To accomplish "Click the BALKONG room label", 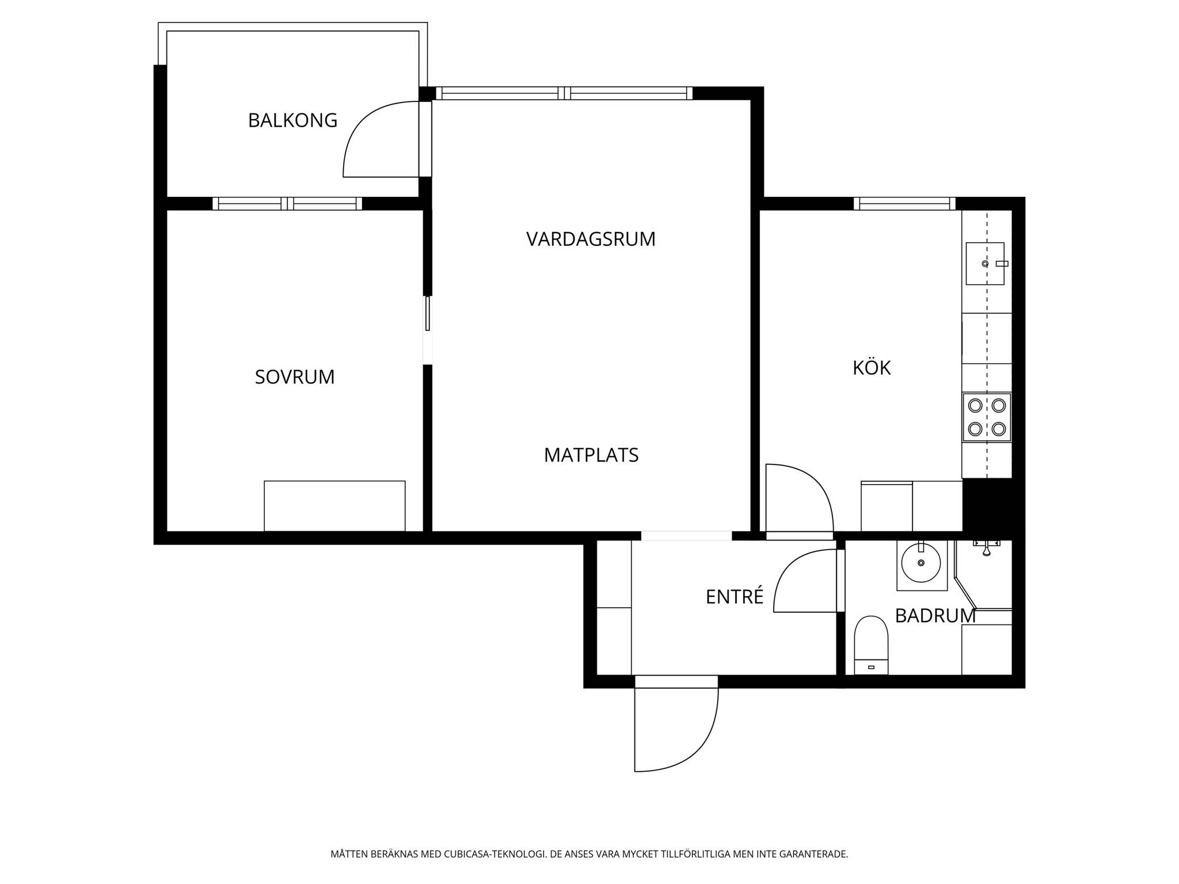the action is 292,120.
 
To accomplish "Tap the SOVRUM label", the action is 295,377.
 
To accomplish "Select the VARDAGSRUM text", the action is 591,239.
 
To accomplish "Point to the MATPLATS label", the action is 591,455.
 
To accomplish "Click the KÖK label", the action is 872,367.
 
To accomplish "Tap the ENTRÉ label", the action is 735,596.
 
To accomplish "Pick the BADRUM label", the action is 935,616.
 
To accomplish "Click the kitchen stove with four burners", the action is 987,417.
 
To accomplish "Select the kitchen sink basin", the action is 985,264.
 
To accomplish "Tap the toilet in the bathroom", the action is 871,645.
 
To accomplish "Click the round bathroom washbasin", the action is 921,562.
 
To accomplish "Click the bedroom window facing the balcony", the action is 287,204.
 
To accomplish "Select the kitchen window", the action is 904,204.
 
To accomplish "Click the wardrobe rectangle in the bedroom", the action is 334,506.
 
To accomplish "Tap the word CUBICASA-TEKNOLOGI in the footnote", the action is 494,854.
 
